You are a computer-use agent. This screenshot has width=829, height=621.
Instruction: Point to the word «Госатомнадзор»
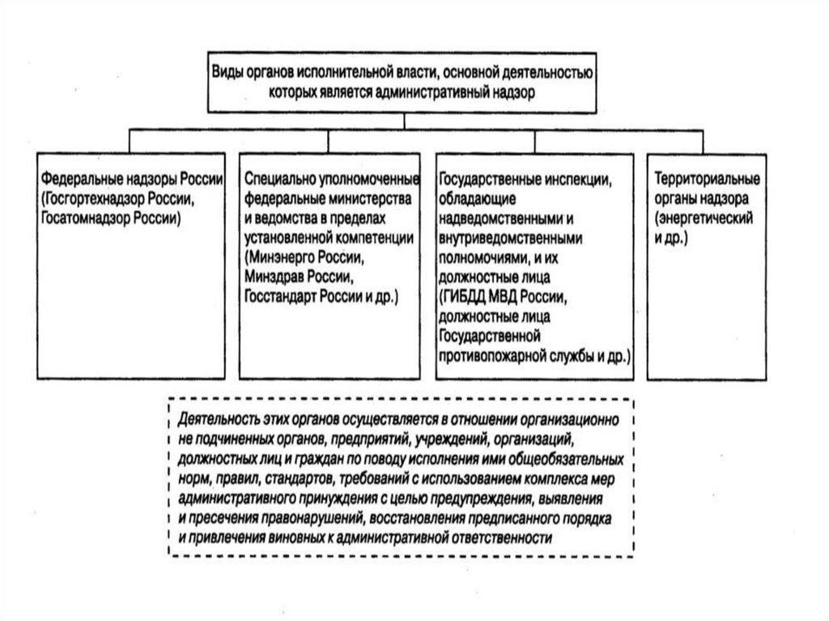pyautogui.click(x=83, y=218)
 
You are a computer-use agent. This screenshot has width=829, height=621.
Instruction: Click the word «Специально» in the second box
pyautogui.click(x=277, y=178)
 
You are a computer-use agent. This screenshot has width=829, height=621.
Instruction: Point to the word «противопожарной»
pyautogui.click(x=489, y=355)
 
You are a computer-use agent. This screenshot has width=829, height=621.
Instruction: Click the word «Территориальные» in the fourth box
pyautogui.click(x=707, y=178)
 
